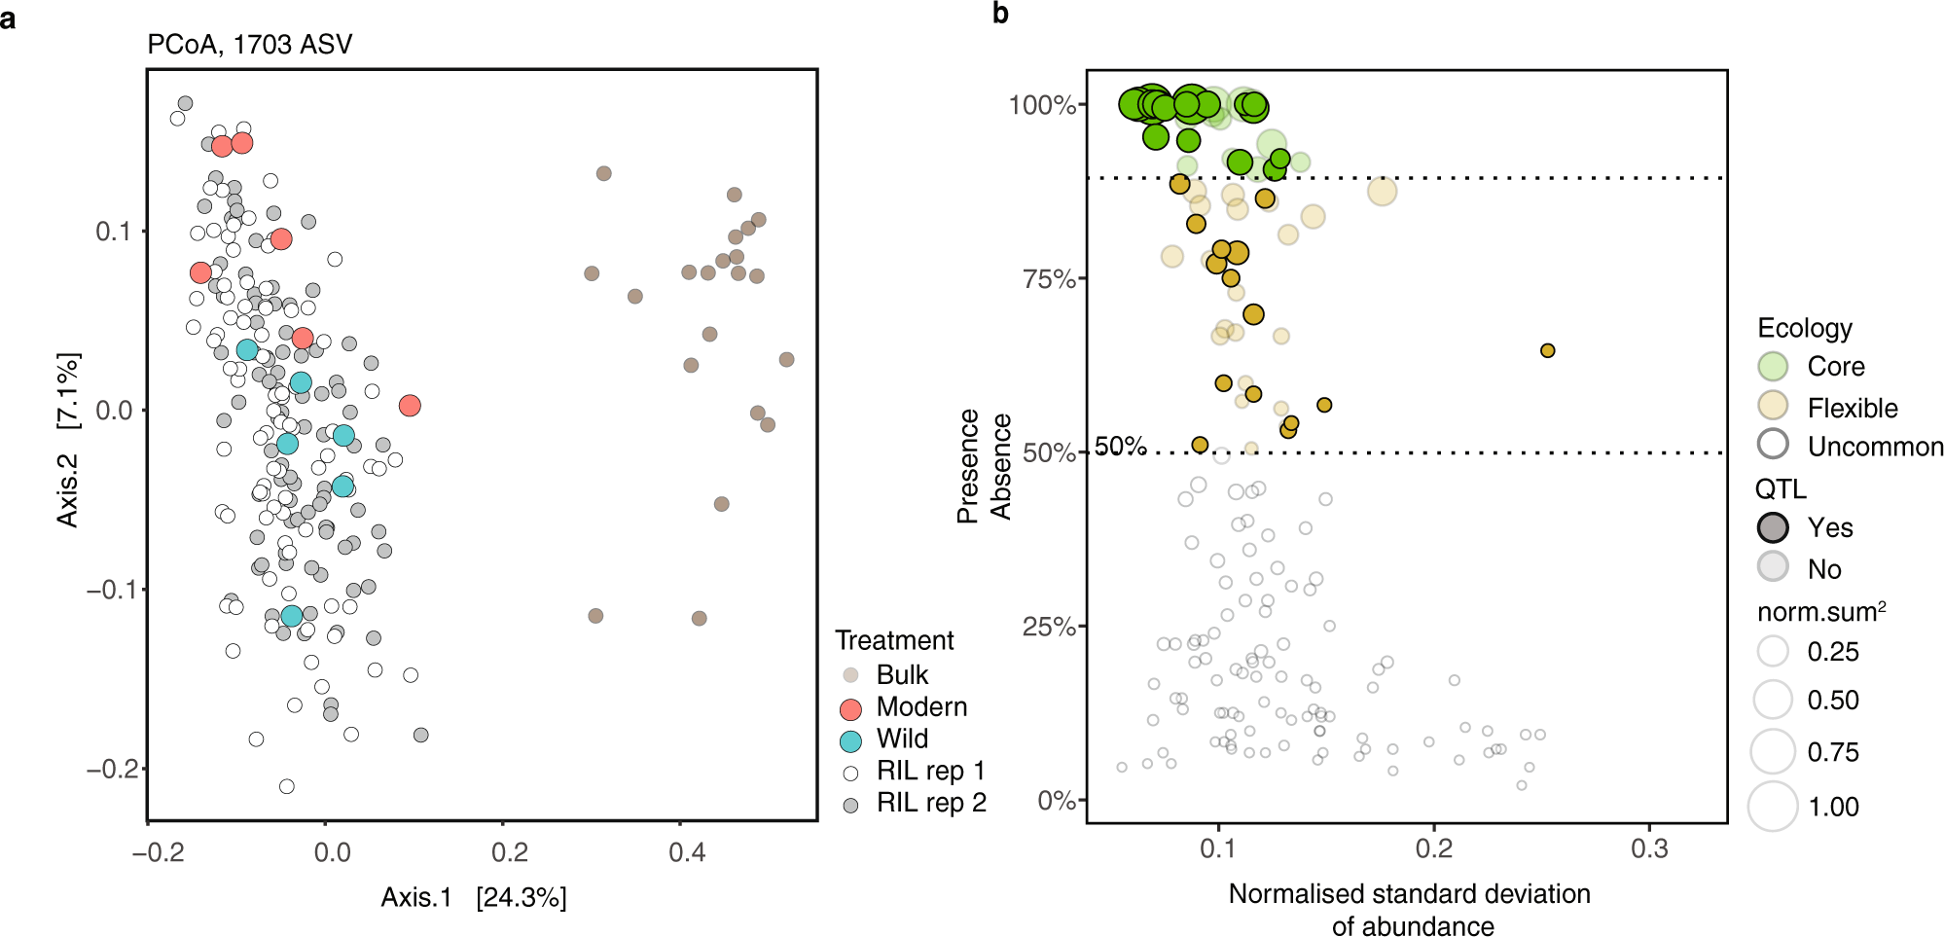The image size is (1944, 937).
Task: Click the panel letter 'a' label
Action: coord(8,18)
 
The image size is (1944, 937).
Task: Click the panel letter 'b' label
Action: coord(1000,14)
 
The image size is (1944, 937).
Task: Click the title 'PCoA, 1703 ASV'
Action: coord(249,45)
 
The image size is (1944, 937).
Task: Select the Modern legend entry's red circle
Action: coord(850,708)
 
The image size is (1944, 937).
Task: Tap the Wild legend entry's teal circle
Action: coord(850,740)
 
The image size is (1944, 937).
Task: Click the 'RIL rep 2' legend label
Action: coord(931,803)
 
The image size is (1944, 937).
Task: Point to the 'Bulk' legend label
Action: coord(902,675)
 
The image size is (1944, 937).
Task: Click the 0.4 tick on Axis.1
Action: coord(686,852)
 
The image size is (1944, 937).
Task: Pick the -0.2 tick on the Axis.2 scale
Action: coord(109,769)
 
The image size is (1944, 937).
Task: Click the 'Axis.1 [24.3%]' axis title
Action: coord(473,897)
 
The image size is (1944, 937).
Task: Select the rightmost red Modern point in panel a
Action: coord(410,405)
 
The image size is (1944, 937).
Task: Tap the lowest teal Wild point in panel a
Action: coord(292,616)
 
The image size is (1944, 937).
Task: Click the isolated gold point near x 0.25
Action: coord(1547,350)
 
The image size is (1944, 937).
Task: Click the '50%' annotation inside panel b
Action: coord(1121,447)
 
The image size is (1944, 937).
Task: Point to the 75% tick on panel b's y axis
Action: coord(1048,279)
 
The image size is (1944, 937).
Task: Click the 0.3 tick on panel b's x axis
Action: coord(1649,849)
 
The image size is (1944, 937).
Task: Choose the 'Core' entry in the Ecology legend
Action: coord(1835,367)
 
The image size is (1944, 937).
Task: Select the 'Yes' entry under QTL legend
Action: coord(1829,527)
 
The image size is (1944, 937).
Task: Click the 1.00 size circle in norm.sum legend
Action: coord(1773,807)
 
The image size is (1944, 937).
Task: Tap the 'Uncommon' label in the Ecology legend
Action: coord(1874,447)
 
